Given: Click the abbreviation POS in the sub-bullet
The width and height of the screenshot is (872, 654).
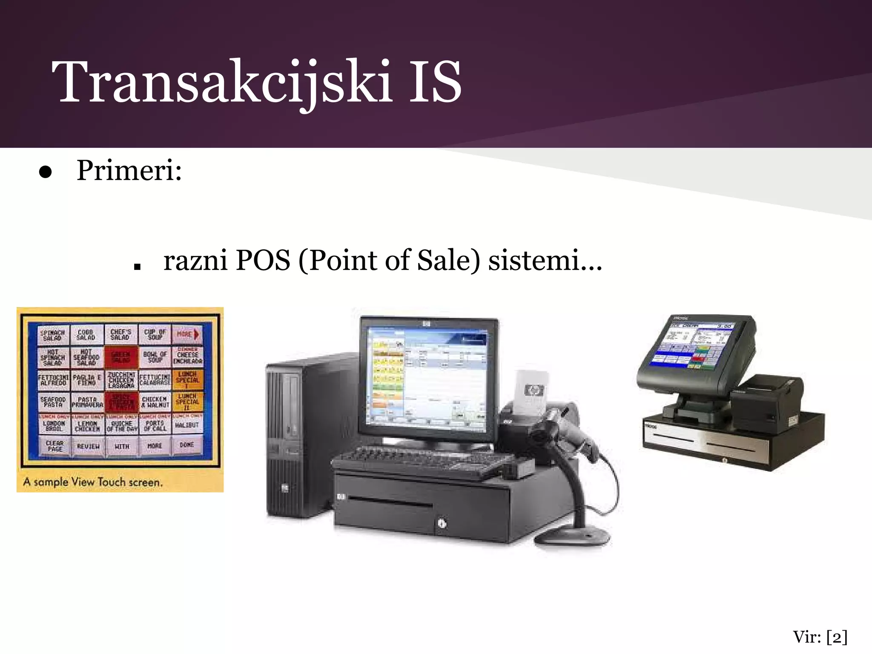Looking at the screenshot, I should (263, 260).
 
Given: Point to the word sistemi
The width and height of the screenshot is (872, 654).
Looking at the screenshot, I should (545, 260).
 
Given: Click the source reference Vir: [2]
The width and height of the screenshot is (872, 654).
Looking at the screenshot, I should (820, 637).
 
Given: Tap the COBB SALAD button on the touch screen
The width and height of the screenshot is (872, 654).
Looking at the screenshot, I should (86, 335).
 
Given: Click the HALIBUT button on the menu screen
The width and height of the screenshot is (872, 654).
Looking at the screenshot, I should (187, 425).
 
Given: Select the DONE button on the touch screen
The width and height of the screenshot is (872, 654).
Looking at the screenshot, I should (187, 445).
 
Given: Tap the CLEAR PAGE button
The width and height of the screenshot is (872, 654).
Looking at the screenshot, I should (54, 446).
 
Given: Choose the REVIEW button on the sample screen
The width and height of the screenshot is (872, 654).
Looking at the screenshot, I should (88, 446).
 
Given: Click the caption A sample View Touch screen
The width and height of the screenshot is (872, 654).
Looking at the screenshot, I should (93, 482).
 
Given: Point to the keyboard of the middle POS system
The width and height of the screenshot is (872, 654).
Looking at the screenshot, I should (426, 462).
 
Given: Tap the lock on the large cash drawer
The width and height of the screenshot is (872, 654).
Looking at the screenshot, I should (442, 523).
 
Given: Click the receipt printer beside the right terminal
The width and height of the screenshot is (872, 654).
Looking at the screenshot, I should (766, 400).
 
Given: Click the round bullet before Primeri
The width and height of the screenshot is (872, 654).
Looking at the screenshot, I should (45, 172).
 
